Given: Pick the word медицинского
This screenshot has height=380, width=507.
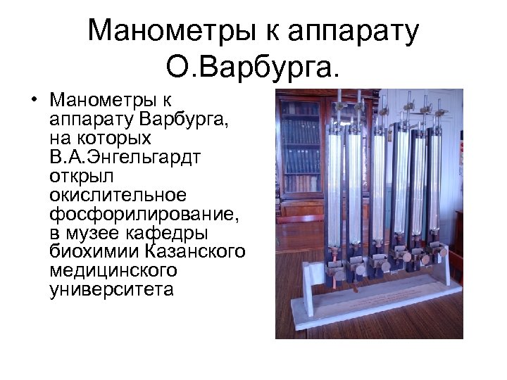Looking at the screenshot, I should [x=113, y=270].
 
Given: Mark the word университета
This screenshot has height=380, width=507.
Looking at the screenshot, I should [x=111, y=289].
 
